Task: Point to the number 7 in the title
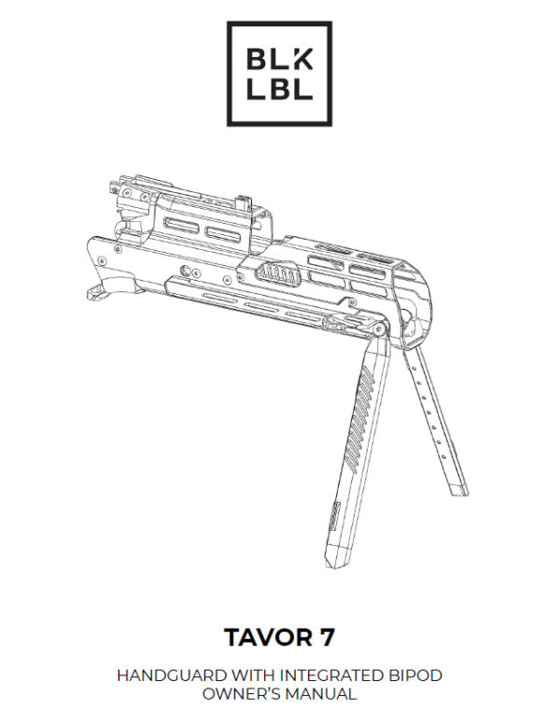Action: point(327,638)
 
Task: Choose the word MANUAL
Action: point(323,694)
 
